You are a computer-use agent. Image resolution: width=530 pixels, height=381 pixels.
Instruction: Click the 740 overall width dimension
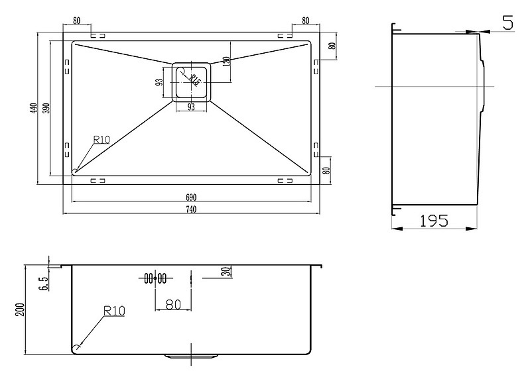click(192, 210)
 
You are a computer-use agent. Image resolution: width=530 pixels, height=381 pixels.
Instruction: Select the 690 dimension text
click(192, 197)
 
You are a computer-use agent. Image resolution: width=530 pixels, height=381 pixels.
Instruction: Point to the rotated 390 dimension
click(46, 108)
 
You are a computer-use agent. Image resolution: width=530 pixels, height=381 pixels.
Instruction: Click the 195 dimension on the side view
click(435, 221)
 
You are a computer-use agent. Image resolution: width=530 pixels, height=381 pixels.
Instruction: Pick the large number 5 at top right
click(508, 24)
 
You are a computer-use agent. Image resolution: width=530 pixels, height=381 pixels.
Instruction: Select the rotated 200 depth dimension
click(21, 309)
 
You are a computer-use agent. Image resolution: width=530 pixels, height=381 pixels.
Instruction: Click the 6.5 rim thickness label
click(44, 283)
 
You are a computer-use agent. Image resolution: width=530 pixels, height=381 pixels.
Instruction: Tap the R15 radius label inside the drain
click(194, 79)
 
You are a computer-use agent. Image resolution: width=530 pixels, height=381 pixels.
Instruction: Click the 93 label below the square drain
click(191, 107)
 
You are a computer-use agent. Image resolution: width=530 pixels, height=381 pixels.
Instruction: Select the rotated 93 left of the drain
click(160, 83)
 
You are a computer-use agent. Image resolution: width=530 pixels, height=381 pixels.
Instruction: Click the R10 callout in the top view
click(101, 139)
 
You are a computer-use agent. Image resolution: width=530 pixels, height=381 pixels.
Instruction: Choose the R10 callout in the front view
click(113, 310)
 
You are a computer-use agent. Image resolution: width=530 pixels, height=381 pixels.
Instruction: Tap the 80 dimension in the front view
click(172, 304)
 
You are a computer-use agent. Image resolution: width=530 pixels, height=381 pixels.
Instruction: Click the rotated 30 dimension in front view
click(226, 272)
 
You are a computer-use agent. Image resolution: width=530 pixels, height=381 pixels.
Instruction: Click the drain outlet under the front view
click(191, 356)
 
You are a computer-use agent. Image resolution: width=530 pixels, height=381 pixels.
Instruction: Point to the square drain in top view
click(192, 82)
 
